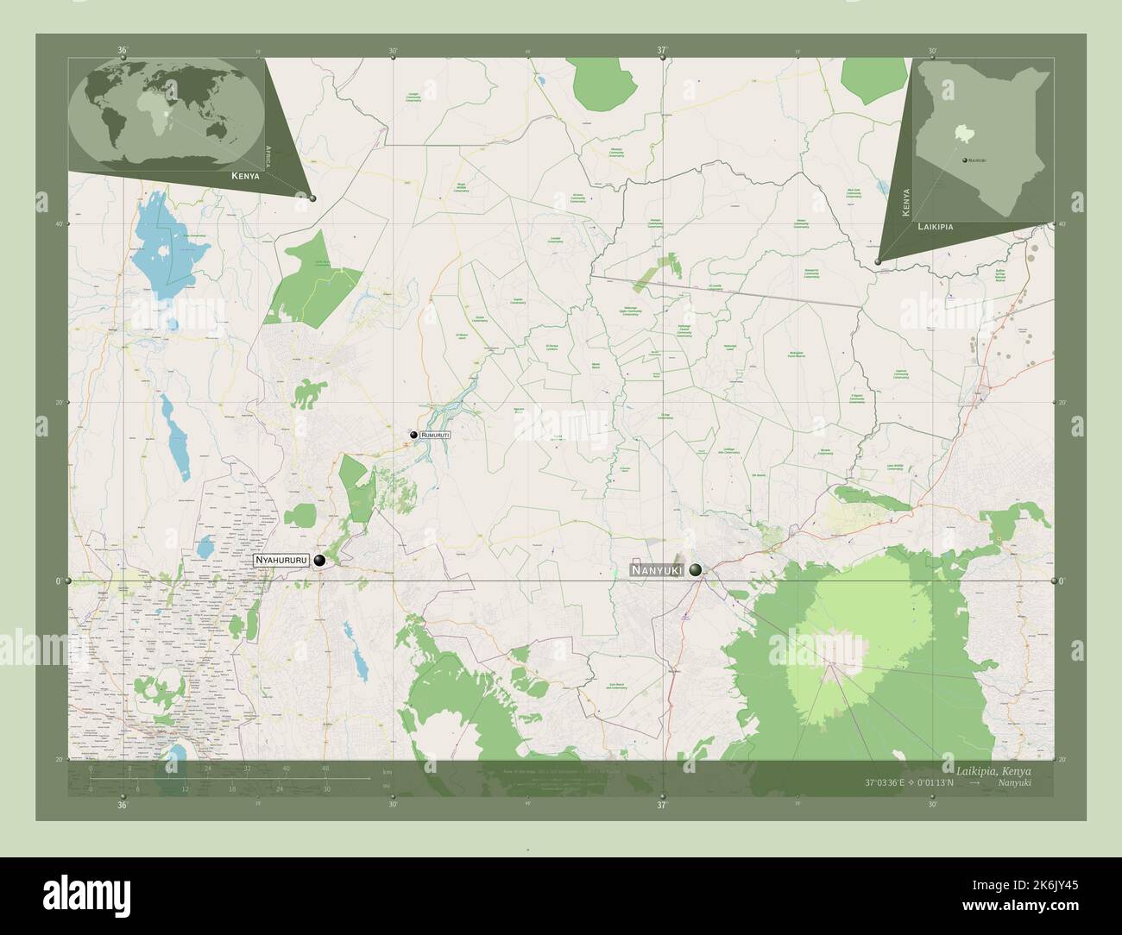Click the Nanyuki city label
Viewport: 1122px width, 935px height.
click(x=656, y=570)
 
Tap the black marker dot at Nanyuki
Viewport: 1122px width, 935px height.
click(x=696, y=569)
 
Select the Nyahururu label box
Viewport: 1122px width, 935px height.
click(x=281, y=561)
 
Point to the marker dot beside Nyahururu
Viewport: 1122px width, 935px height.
click(x=320, y=561)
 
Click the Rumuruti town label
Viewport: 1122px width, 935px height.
click(x=436, y=436)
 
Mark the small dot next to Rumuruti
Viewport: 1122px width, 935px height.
click(x=414, y=436)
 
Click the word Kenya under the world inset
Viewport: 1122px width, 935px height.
click(x=245, y=175)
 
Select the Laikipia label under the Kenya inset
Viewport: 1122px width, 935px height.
click(x=936, y=226)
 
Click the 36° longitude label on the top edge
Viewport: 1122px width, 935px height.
click(x=123, y=51)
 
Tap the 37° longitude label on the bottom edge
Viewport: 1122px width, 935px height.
click(x=661, y=805)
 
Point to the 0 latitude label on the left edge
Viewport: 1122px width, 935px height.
click(x=59, y=581)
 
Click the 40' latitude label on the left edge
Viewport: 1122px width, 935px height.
click(x=59, y=224)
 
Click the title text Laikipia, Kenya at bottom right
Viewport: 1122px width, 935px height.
click(x=993, y=769)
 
